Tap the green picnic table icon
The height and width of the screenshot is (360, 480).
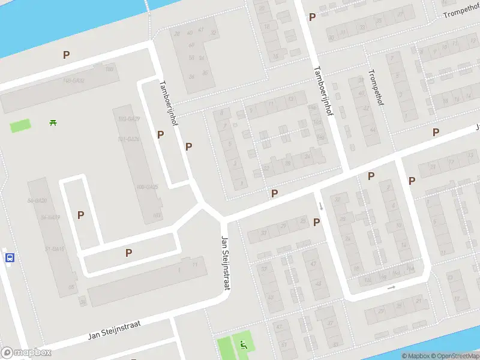pos(53,123)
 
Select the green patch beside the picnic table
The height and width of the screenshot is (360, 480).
pos(20,126)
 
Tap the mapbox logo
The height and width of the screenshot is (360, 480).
pos(25,353)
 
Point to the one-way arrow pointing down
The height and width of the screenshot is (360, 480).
pos(320,206)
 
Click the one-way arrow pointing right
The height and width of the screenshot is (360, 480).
pos(391,287)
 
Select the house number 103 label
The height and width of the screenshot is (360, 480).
pos(157,215)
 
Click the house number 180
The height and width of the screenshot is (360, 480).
pos(109,70)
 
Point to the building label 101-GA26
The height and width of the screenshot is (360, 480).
pos(128,139)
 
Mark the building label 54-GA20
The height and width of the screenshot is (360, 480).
pos(37,200)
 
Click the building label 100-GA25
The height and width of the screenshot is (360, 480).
pos(147,187)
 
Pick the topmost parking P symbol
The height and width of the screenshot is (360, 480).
pos(311,17)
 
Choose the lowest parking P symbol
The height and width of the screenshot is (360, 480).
pos(128,253)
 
